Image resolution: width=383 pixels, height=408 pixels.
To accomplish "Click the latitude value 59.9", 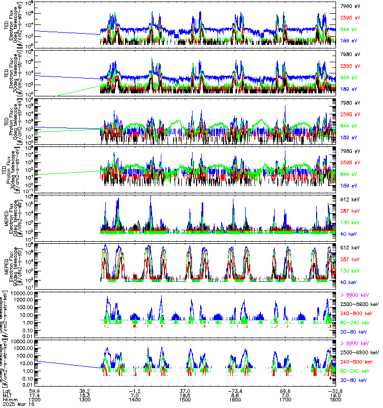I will click(x=35, y=389).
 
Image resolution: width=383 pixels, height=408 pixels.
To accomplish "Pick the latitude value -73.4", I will click(x=234, y=389).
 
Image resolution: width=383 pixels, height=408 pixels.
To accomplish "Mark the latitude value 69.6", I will click(x=285, y=389).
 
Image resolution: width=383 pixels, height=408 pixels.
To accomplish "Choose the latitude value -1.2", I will click(x=135, y=389).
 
